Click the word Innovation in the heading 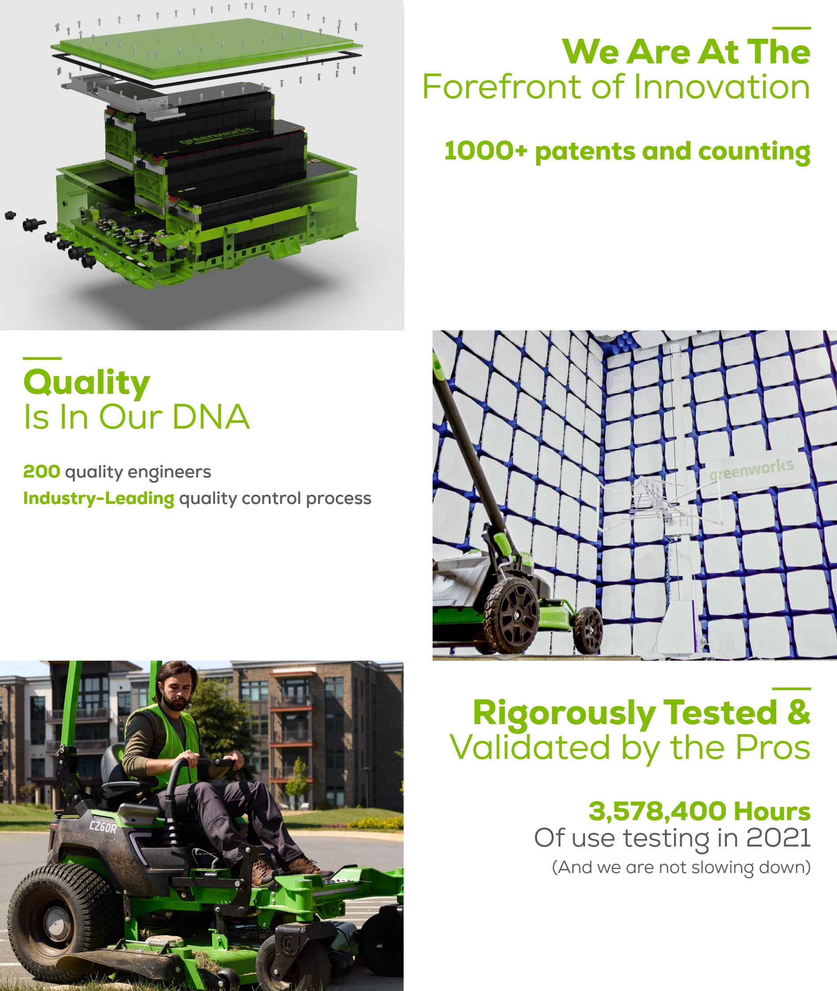(721, 87)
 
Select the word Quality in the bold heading (87, 383)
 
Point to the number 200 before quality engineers (42, 472)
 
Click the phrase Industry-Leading (99, 498)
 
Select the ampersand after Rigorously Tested (799, 713)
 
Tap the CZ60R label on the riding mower (103, 828)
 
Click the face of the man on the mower (178, 697)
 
